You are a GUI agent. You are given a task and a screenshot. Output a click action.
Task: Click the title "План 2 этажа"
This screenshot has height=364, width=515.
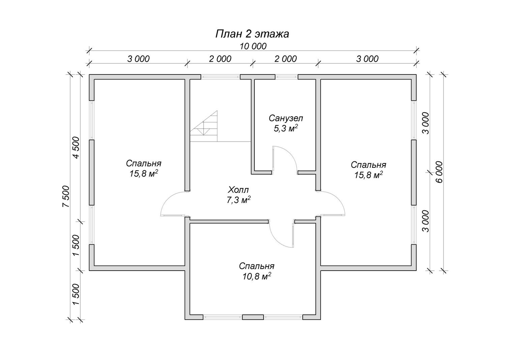[252, 34]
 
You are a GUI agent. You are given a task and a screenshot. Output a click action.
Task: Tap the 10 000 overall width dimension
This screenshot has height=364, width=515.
[253, 46]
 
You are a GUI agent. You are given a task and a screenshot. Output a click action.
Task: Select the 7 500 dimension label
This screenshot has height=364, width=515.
[66, 196]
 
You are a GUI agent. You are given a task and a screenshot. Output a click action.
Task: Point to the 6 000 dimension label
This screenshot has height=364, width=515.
[439, 172]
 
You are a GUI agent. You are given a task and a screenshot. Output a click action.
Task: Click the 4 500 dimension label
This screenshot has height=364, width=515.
[76, 147]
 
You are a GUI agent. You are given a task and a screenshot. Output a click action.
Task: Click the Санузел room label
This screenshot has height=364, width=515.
[286, 118]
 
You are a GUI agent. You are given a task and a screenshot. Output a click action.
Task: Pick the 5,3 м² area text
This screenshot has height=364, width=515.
[286, 128]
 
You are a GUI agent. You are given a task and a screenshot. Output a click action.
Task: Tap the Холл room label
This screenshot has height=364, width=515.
[238, 190]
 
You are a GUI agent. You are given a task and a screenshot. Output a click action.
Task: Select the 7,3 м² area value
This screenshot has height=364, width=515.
[238, 200]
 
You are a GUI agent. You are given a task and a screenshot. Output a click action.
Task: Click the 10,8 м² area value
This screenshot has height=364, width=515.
[256, 276]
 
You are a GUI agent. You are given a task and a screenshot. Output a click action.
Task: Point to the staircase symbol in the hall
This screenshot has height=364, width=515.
[204, 126]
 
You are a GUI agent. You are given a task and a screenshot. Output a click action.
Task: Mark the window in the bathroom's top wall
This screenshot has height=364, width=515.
[286, 77]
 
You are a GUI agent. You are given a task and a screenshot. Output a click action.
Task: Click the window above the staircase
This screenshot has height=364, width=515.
[220, 77]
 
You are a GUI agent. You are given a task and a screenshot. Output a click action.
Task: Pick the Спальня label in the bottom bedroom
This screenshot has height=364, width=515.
[256, 266]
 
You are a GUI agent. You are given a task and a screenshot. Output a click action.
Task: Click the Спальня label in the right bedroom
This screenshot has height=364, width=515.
[368, 164]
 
